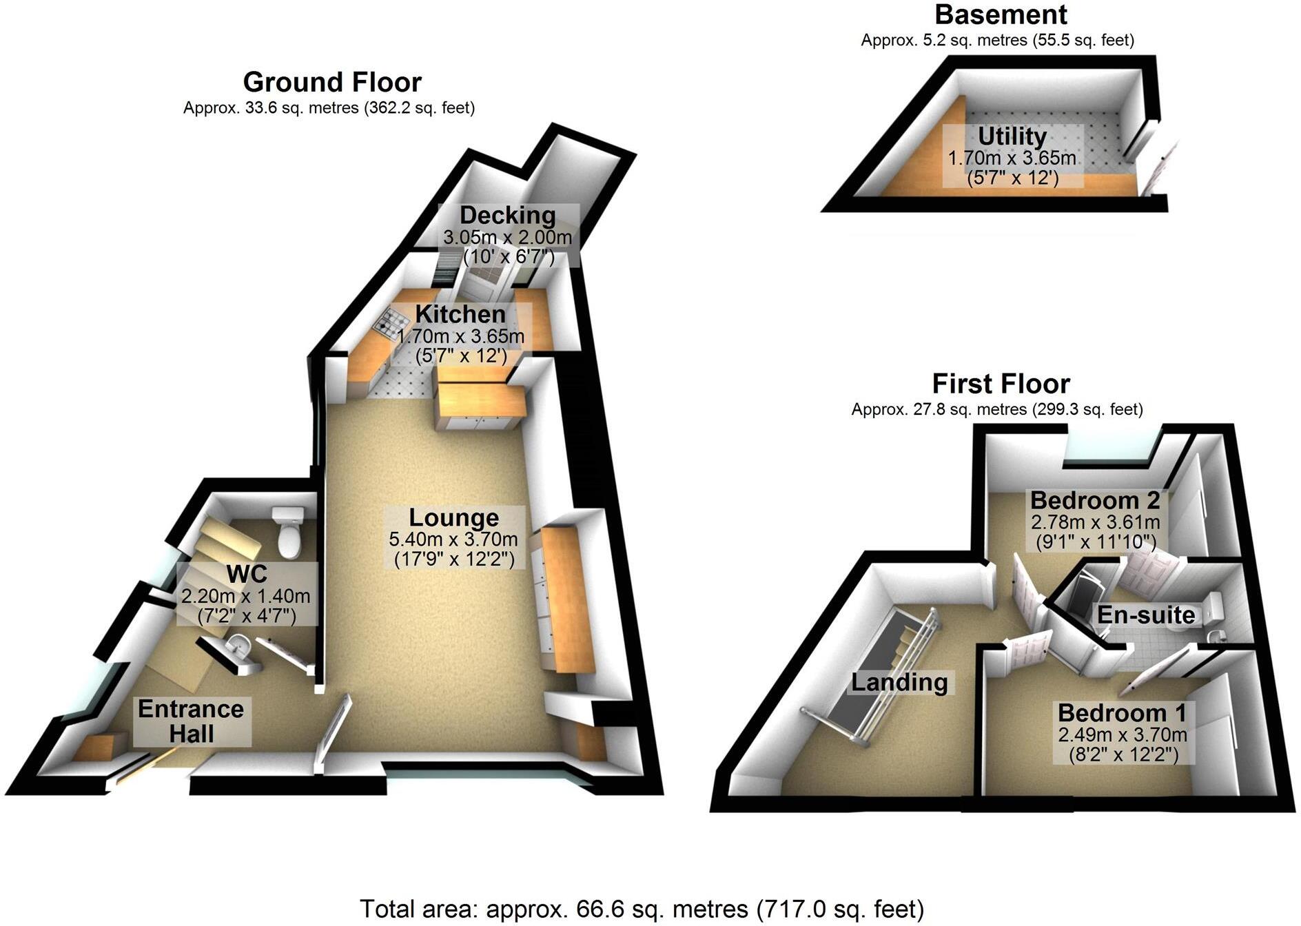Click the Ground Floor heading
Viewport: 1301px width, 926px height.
[331, 83]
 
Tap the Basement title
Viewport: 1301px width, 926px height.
[1001, 14]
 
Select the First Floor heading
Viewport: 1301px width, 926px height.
[1001, 383]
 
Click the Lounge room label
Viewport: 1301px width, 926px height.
[453, 518]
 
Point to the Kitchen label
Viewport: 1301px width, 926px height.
[460, 315]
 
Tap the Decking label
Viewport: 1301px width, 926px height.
[508, 216]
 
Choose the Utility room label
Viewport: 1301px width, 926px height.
[1012, 136]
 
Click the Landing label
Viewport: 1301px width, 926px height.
[899, 682]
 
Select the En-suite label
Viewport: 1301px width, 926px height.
[1145, 615]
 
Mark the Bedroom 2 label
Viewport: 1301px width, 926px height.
[1094, 500]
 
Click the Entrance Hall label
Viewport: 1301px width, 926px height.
[191, 721]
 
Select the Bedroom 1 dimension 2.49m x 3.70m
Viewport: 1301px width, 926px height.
[1122, 734]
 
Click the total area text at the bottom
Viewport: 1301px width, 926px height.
[642, 909]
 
